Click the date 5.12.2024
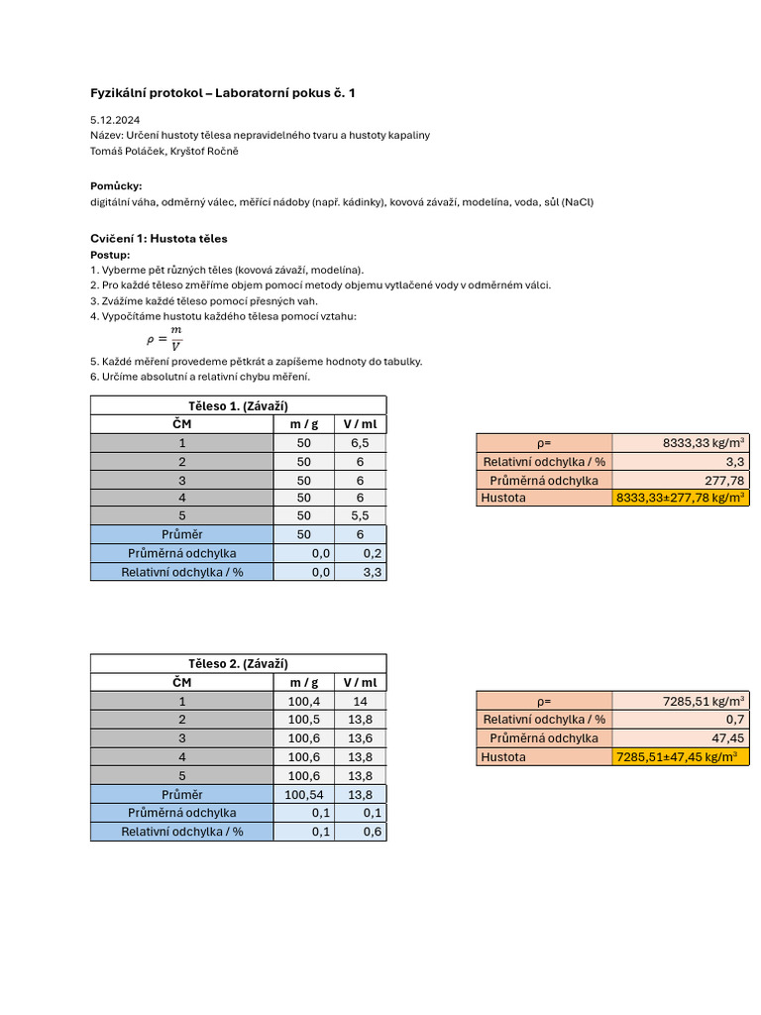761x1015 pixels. pyautogui.click(x=114, y=119)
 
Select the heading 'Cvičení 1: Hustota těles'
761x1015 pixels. pyautogui.click(x=159, y=239)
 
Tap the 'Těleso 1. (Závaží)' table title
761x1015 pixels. pyautogui.click(x=238, y=405)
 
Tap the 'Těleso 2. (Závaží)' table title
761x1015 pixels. pyautogui.click(x=238, y=663)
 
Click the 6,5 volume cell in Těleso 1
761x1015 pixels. pyautogui.click(x=360, y=443)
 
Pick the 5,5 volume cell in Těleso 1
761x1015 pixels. pyautogui.click(x=360, y=516)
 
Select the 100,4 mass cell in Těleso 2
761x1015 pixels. pyautogui.click(x=303, y=701)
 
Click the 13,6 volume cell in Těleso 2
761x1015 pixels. pyautogui.click(x=360, y=737)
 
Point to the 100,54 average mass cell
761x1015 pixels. pyautogui.click(x=303, y=794)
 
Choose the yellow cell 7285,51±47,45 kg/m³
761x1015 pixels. pyautogui.click(x=680, y=756)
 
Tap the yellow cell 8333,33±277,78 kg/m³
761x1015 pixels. pyautogui.click(x=680, y=498)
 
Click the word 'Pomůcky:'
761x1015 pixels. pyautogui.click(x=116, y=185)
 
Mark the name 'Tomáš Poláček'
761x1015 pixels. pyautogui.click(x=126, y=151)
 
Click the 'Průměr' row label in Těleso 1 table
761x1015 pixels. pyautogui.click(x=181, y=534)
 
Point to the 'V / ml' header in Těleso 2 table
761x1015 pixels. pyautogui.click(x=360, y=682)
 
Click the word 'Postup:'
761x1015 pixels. pyautogui.click(x=110, y=255)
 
